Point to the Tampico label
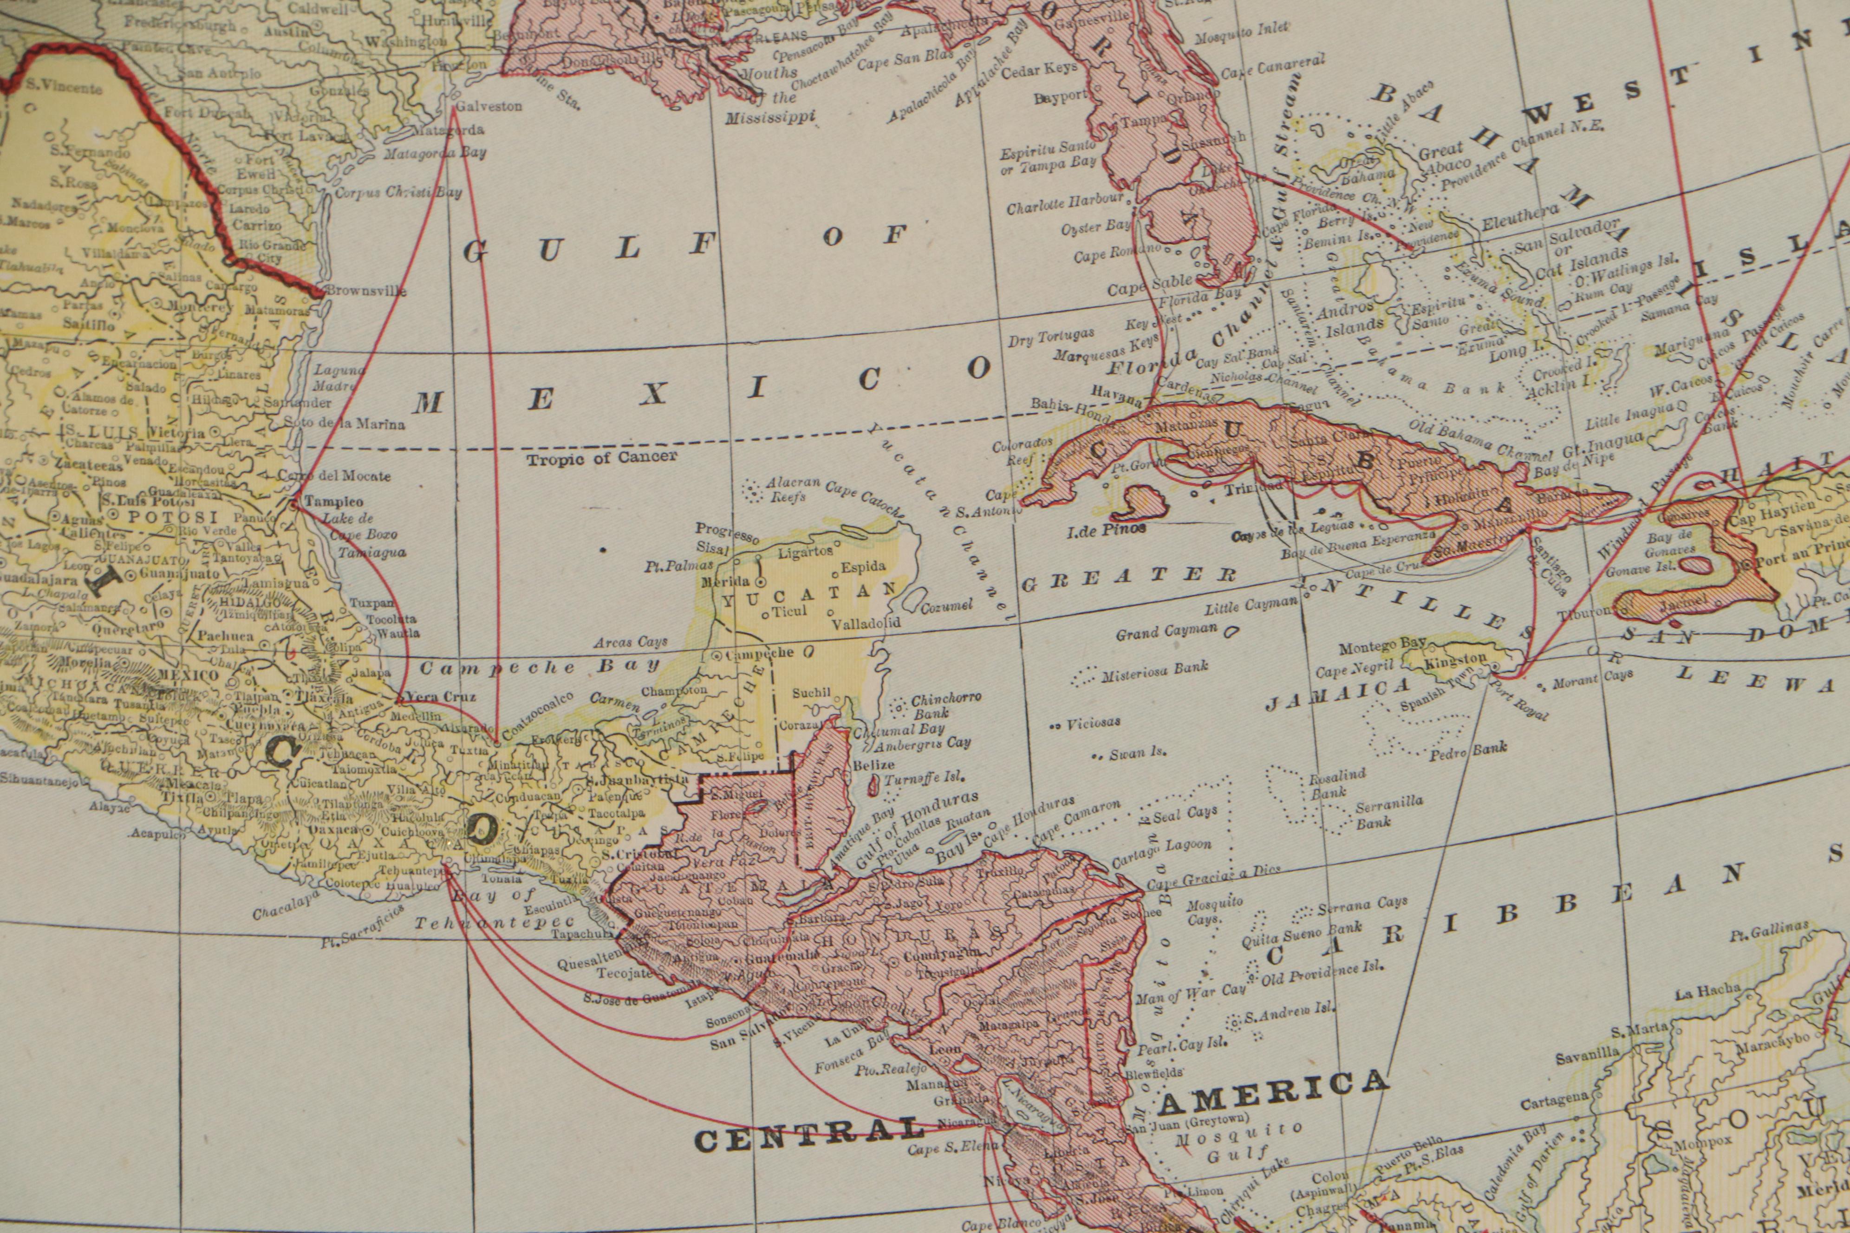point(333,501)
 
